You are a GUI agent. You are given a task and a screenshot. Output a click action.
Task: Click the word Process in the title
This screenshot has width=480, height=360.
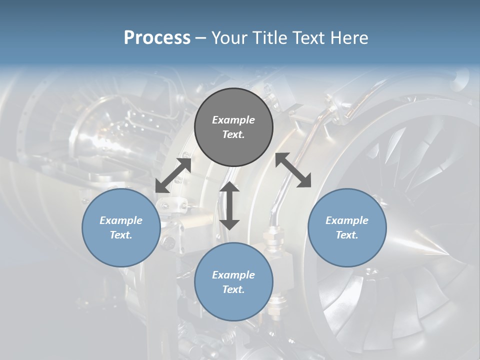point(157,38)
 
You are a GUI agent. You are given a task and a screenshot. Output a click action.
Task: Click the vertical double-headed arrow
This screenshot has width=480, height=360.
point(229,205)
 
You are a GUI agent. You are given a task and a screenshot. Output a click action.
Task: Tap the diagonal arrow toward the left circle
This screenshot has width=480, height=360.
point(173,175)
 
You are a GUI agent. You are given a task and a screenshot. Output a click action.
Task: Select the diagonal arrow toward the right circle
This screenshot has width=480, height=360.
point(293,170)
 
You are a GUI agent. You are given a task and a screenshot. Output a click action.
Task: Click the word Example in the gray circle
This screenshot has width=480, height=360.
point(233,120)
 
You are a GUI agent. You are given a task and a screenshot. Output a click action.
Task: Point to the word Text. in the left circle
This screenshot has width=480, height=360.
point(121,235)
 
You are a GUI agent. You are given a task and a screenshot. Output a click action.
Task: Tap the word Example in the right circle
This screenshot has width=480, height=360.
point(347,220)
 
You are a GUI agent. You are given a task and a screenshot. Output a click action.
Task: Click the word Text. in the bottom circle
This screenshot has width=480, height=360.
point(233,289)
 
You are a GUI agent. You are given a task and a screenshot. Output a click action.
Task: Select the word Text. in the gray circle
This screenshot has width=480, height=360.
point(233,134)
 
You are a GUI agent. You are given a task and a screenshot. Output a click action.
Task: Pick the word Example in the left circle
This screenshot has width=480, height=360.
point(121,220)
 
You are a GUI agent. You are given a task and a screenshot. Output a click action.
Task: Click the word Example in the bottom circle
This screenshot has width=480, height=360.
point(233,275)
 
